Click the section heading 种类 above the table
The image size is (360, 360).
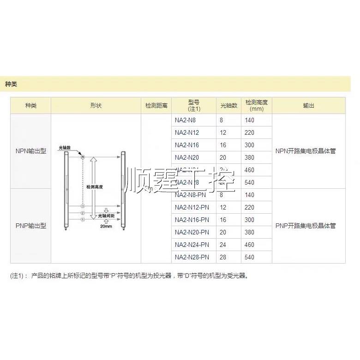point(11,84)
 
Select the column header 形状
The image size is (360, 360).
point(96,106)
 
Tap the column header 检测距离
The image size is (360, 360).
point(156,106)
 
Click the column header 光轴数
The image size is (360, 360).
point(228,106)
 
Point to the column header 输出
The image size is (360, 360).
point(308,106)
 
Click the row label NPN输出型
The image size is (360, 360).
point(31,151)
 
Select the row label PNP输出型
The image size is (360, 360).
point(31,226)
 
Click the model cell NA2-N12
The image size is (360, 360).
point(186,133)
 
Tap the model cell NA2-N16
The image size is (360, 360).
point(186,145)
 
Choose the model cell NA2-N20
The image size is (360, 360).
point(186,157)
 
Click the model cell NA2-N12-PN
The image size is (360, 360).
point(192,207)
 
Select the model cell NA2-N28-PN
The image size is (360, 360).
point(192,257)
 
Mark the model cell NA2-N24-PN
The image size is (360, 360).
point(192,244)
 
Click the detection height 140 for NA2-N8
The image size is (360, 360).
point(250,120)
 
